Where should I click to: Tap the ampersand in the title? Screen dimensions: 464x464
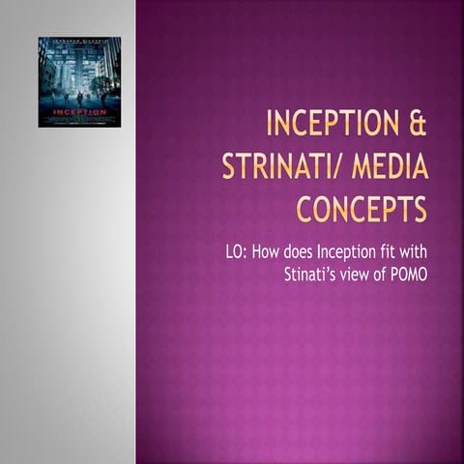[x=418, y=127]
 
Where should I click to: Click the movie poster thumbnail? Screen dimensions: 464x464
[x=79, y=82]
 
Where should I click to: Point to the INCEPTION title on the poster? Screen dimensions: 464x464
[x=79, y=111]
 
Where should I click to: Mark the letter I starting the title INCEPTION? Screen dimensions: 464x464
[x=270, y=127]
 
